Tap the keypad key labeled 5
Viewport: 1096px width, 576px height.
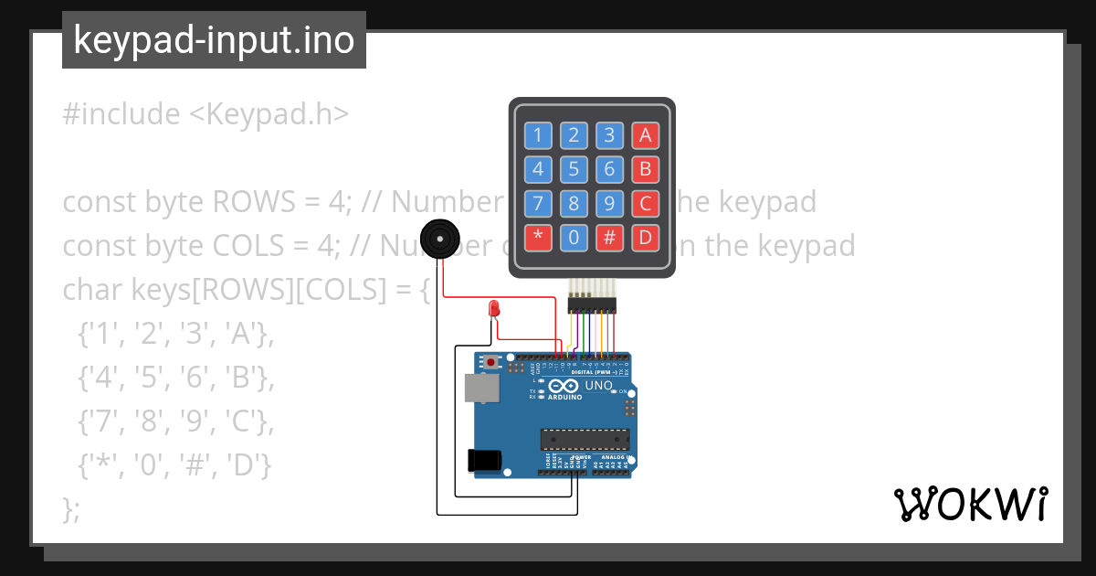[x=574, y=169]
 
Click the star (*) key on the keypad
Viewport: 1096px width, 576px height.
[x=538, y=238]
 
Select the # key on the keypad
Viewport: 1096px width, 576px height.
[x=609, y=238]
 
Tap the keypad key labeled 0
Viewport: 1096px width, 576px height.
[x=574, y=238]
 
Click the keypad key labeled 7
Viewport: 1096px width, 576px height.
[x=538, y=203]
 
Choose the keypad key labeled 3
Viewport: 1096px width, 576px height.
[x=609, y=135]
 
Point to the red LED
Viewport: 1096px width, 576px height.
[x=494, y=308]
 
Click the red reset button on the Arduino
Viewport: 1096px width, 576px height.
[x=491, y=363]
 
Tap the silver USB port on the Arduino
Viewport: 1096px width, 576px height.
[x=480, y=389]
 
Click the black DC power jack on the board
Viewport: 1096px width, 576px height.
[x=484, y=460]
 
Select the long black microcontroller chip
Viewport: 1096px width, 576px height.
[x=585, y=440]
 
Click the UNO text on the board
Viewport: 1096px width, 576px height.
[x=598, y=386]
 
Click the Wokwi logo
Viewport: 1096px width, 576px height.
[x=970, y=504]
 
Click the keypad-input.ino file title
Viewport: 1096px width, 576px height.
[x=214, y=40]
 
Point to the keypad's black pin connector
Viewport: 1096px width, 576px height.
[x=592, y=304]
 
